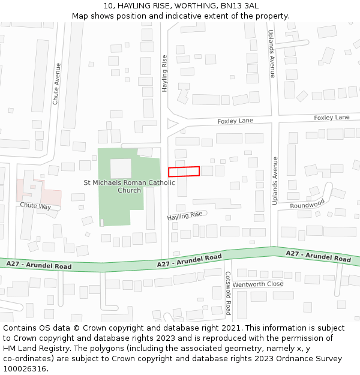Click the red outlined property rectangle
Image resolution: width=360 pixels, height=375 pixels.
(x=184, y=172)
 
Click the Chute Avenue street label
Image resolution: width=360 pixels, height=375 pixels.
(x=57, y=84)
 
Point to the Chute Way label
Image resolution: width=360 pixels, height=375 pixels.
(x=35, y=206)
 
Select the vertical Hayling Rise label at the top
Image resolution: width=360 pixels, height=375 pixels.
(x=165, y=73)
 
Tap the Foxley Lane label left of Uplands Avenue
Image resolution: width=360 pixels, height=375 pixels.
(x=235, y=121)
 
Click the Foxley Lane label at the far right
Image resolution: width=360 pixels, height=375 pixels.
(x=331, y=118)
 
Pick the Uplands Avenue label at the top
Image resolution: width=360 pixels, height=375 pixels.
(x=272, y=54)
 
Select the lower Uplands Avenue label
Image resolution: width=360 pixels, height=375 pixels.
(x=275, y=181)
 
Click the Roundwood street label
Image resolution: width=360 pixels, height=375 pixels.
(x=307, y=204)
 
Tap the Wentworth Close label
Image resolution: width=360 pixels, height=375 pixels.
(x=257, y=284)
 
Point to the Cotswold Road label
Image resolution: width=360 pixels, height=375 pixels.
(x=228, y=293)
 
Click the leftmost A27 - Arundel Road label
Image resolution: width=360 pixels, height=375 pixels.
(x=39, y=265)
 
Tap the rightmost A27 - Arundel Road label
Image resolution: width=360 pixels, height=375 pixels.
(x=318, y=256)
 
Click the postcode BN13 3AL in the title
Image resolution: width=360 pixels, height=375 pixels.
(x=239, y=6)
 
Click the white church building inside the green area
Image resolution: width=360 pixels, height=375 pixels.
(x=121, y=168)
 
